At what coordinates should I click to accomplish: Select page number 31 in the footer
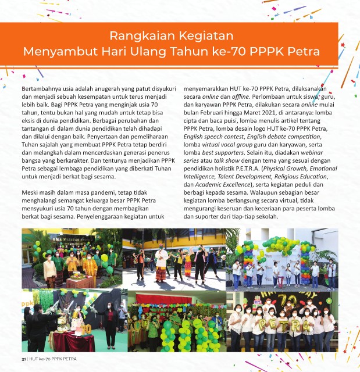tap(24, 359)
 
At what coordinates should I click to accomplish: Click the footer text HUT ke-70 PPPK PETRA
tap(53, 359)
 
